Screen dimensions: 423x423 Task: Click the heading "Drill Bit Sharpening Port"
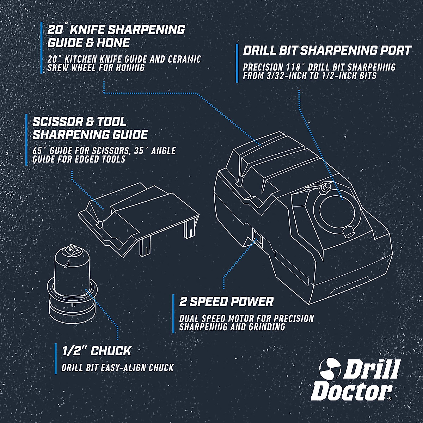pos(327,50)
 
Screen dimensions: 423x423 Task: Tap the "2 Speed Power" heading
pos(226,302)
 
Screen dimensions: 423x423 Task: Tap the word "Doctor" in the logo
pos(351,390)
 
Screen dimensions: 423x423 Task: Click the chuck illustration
pos(73,282)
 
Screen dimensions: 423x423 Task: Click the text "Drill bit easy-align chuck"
pos(117,368)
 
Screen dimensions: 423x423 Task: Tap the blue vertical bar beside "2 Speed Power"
pos(173,314)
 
